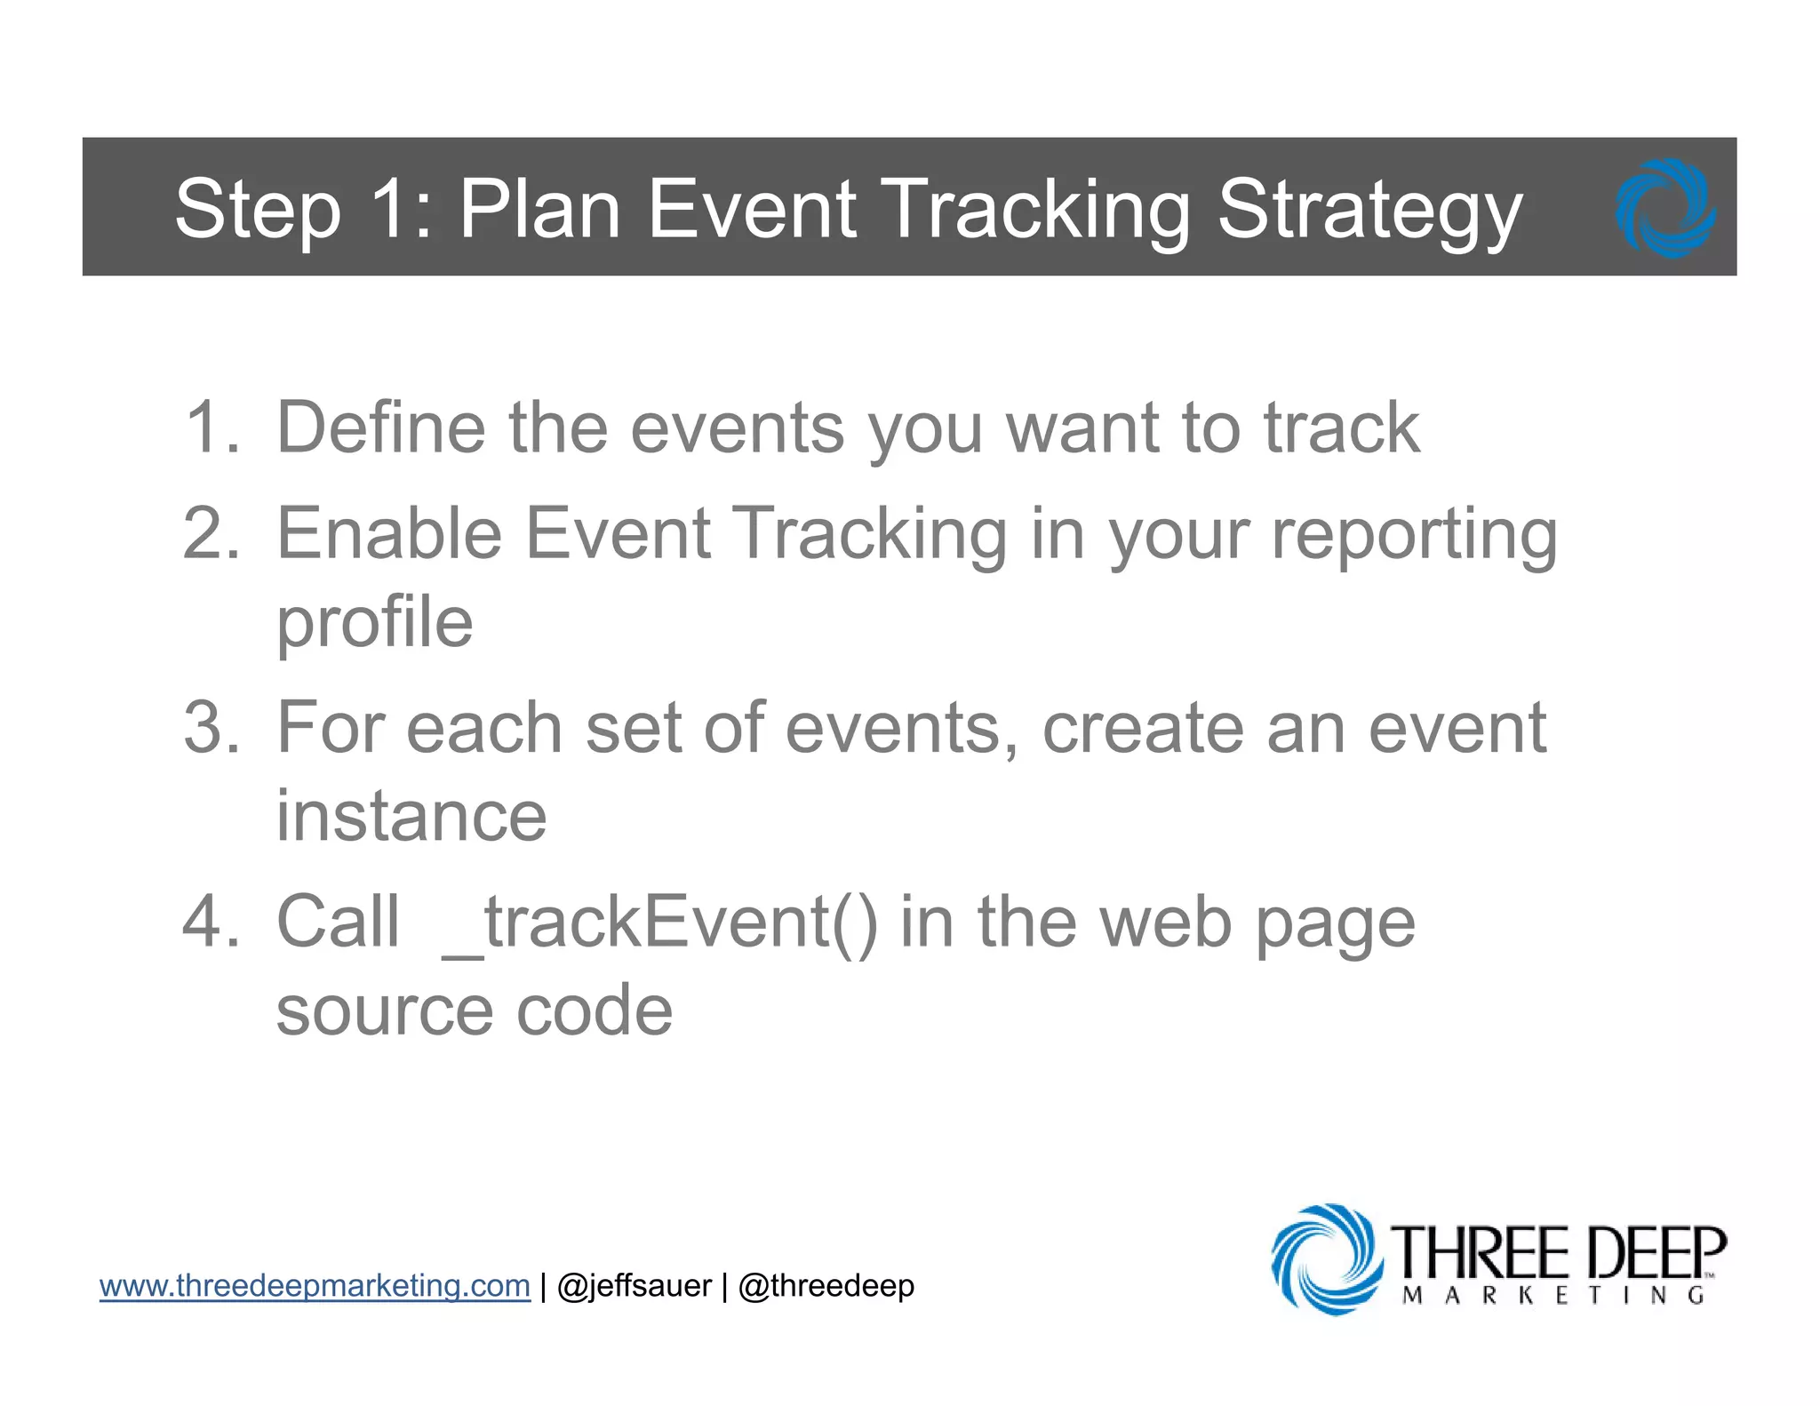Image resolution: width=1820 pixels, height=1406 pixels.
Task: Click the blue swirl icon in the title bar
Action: pos(1664,208)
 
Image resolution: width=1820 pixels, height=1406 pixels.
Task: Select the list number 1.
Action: pos(212,427)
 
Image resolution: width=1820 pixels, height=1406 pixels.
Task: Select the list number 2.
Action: pos(212,533)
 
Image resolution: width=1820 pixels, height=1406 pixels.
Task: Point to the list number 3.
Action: pos(212,728)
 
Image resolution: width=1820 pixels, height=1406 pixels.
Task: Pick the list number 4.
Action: pos(212,922)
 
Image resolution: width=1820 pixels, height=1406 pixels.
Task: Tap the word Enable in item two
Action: pos(389,533)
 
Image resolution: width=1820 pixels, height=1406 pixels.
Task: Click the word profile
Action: pos(374,625)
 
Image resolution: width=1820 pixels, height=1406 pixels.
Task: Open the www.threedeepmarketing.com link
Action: pos(315,1286)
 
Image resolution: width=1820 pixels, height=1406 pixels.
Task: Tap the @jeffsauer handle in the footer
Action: pos(634,1286)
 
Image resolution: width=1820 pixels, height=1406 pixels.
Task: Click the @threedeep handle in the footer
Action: pos(826,1286)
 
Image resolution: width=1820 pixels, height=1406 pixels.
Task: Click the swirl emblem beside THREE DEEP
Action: pos(1325,1258)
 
